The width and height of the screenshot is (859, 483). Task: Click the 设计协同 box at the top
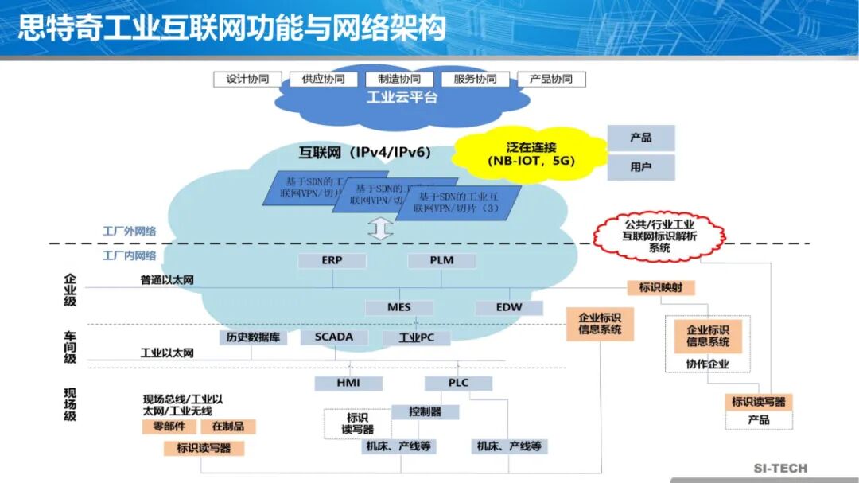click(247, 80)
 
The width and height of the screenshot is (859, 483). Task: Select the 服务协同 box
click(475, 80)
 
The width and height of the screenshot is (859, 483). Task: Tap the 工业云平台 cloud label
click(402, 98)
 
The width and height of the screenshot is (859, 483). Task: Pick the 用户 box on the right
click(641, 167)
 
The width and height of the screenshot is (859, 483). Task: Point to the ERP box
click(332, 260)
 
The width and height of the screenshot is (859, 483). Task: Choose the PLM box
click(441, 260)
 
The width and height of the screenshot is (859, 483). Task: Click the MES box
click(399, 307)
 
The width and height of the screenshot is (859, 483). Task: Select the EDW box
click(509, 307)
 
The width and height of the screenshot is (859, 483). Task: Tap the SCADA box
click(334, 337)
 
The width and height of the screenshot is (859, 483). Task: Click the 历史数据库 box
click(253, 337)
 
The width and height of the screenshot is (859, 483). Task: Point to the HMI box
click(348, 383)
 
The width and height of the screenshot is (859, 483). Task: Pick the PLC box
click(458, 383)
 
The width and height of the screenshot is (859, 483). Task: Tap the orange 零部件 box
click(163, 427)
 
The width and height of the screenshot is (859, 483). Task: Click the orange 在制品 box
click(228, 427)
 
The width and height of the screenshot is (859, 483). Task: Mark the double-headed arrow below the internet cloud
click(381, 228)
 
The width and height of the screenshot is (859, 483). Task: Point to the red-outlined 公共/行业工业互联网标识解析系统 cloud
click(659, 236)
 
